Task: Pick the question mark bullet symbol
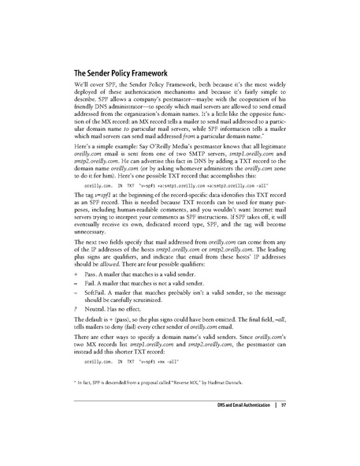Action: [74, 337]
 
